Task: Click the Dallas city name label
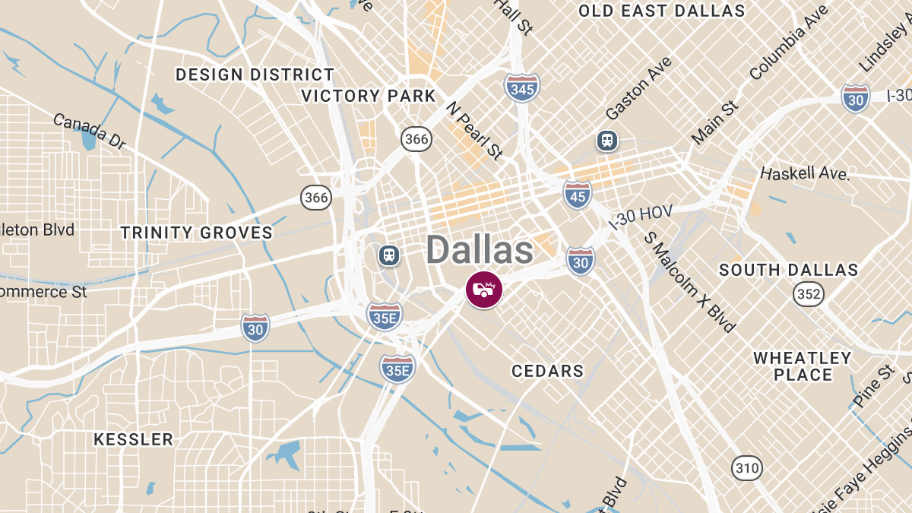pos(479,250)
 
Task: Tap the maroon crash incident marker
pos(484,290)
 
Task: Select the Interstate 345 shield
pos(522,88)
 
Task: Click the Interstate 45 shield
pos(578,195)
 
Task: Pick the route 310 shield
pos(747,467)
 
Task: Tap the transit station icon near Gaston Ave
pos(606,140)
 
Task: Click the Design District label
pos(255,74)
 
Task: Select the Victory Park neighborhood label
pos(369,96)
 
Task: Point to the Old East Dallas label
pos(661,11)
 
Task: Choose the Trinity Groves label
pos(196,233)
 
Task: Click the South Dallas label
pos(788,270)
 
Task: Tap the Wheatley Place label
pos(803,366)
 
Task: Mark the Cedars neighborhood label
pos(547,371)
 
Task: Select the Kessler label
pos(133,439)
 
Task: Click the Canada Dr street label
pos(89,131)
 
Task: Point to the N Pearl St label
pos(474,130)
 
